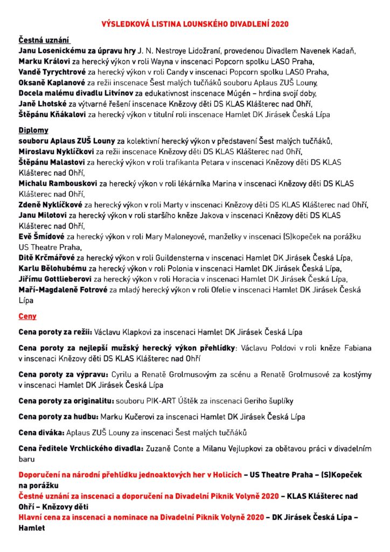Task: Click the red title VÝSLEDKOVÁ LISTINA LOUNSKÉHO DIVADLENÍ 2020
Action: click(195, 24)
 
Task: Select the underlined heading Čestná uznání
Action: click(45, 40)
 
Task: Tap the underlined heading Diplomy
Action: click(33, 130)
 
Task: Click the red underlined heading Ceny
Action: click(27, 316)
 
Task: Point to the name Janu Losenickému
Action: click(52, 51)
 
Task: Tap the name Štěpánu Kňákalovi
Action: click(52, 114)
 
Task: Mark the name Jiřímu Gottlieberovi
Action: click(55, 279)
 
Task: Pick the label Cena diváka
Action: click(41, 433)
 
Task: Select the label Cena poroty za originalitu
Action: click(66, 401)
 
